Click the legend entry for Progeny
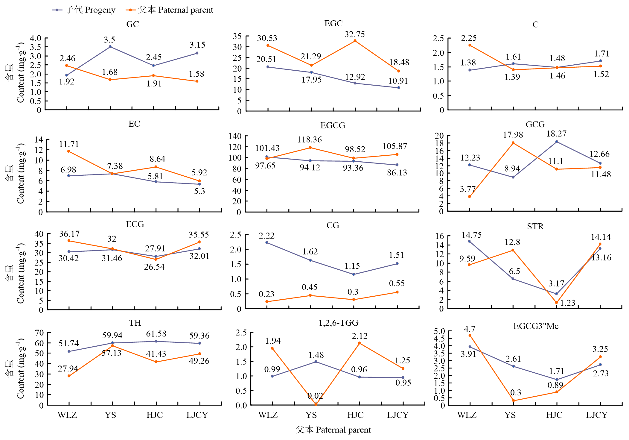84,10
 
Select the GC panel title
132,24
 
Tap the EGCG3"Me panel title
536,326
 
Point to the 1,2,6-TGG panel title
338,323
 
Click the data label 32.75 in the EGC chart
354,34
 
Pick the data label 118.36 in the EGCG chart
309,139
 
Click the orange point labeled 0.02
316,404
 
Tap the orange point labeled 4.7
470,335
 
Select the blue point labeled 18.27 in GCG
557,142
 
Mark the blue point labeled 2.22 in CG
267,242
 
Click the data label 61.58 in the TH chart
156,334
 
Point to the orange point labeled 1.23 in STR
556,303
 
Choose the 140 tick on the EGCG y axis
235,136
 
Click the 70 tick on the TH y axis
39,333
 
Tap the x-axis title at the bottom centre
333,430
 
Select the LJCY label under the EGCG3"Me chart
597,415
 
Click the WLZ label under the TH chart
67,415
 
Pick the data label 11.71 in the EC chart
69,144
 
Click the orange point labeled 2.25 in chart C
470,45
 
